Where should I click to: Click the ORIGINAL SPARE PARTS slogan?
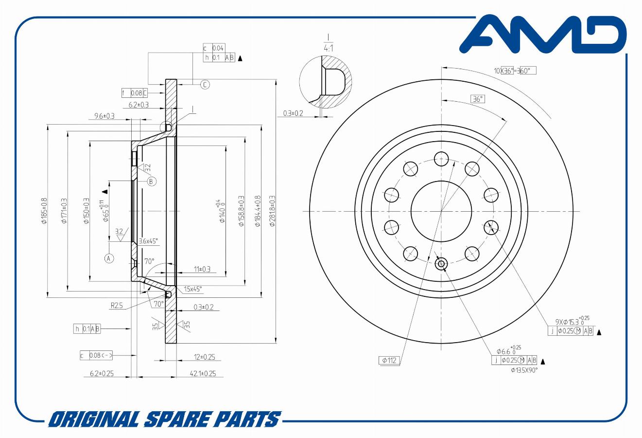(165, 419)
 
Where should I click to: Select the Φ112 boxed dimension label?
(389, 361)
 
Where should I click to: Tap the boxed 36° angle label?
(478, 99)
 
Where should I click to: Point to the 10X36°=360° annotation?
(515, 71)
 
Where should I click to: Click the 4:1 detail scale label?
(329, 48)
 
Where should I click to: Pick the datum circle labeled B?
(152, 182)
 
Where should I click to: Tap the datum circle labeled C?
(205, 85)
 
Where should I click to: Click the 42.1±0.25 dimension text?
(203, 374)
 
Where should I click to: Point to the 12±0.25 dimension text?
(204, 357)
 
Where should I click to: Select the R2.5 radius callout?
(117, 306)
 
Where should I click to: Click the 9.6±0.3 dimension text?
(104, 116)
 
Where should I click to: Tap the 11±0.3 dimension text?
(202, 269)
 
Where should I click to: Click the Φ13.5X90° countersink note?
(524, 370)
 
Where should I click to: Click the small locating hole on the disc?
(441, 264)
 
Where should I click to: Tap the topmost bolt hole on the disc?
(441, 158)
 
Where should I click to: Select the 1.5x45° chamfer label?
(193, 289)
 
